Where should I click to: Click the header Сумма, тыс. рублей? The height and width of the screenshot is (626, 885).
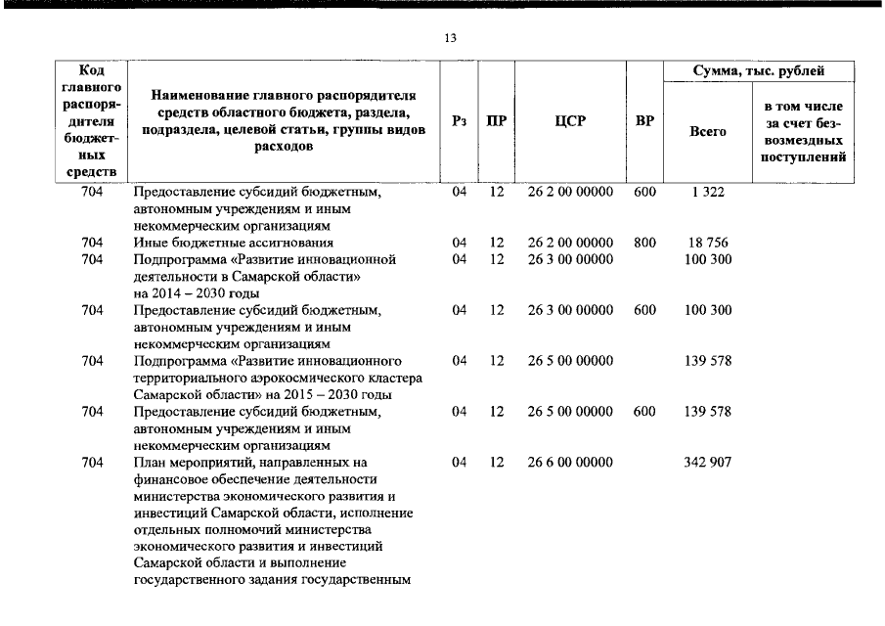(x=758, y=71)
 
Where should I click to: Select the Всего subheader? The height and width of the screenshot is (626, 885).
(x=708, y=131)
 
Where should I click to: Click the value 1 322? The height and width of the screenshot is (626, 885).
(x=708, y=192)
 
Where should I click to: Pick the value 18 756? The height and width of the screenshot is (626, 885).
(x=708, y=243)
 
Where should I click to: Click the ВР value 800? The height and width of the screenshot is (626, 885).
(x=644, y=243)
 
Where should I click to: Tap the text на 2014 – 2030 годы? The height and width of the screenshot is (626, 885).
(x=197, y=293)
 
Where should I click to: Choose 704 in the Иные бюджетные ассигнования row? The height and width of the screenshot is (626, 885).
(x=93, y=243)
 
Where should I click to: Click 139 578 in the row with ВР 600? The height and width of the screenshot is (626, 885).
(x=708, y=412)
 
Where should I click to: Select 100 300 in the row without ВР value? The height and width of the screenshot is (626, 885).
(x=708, y=259)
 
